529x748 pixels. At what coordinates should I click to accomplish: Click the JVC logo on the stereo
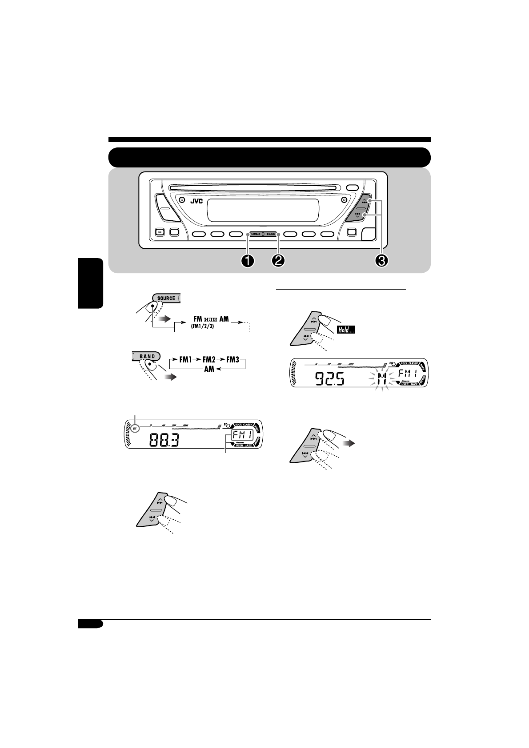point(196,201)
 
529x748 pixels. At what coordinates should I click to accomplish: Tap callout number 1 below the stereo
point(247,261)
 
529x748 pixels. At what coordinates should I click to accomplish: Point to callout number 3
point(381,261)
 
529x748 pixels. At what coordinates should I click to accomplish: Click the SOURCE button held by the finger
point(166,298)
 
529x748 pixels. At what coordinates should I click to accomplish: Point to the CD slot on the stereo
point(256,188)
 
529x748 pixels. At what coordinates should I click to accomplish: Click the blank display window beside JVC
point(263,210)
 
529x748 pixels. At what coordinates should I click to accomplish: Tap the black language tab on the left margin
point(90,283)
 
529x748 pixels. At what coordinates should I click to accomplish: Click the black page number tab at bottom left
point(90,624)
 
